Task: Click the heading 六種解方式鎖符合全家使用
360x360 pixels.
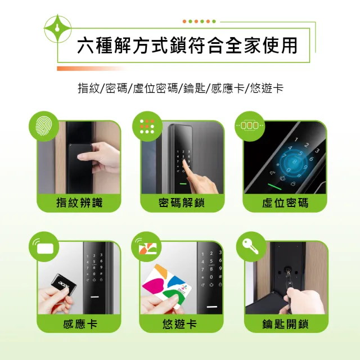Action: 187,46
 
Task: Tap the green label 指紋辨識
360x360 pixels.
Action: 79,202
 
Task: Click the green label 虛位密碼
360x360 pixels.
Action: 285,202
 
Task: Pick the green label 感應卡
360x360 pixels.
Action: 79,324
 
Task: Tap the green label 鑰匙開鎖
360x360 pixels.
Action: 285,324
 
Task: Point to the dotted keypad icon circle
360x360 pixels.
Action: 146,126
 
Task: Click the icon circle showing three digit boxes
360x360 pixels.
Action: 249,126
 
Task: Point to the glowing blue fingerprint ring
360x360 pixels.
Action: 293,163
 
